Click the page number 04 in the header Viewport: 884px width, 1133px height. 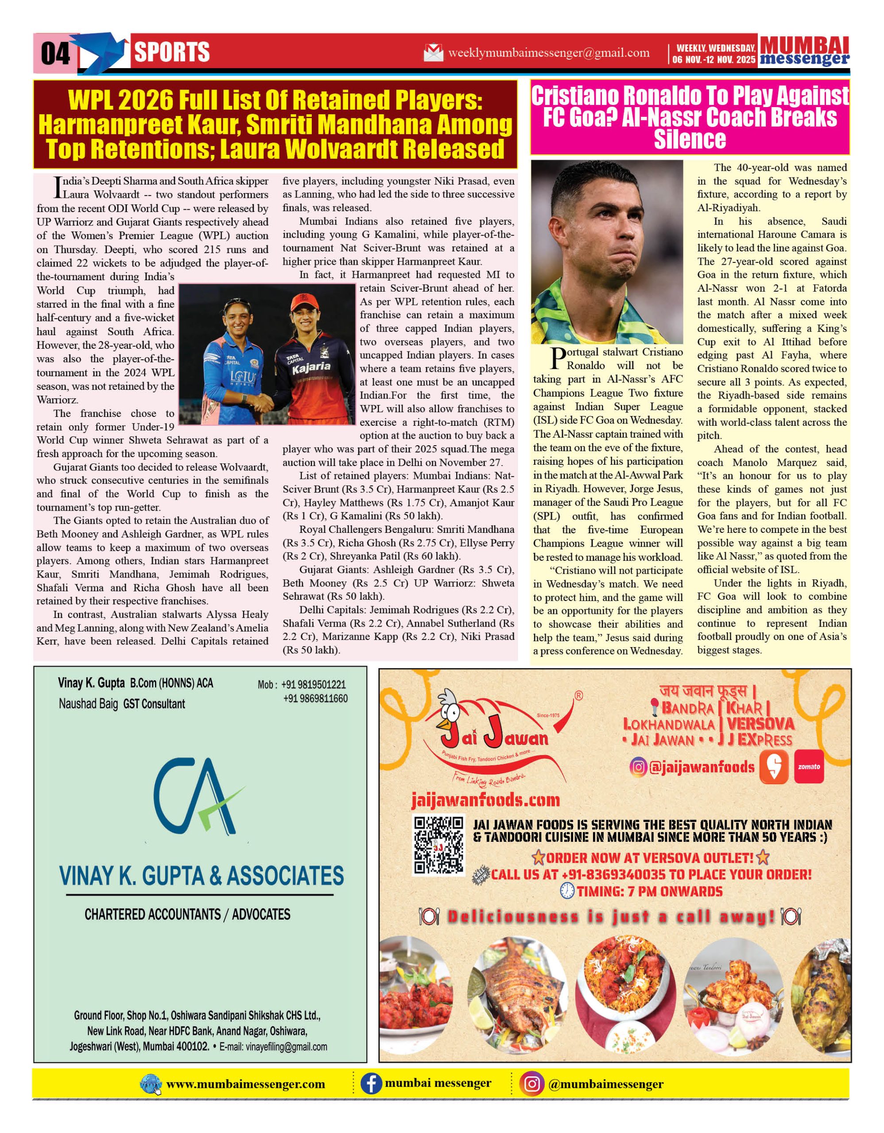click(55, 54)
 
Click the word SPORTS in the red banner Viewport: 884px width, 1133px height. click(172, 52)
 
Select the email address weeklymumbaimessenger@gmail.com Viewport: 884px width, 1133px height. click(549, 53)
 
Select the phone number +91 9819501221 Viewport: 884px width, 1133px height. click(314, 685)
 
